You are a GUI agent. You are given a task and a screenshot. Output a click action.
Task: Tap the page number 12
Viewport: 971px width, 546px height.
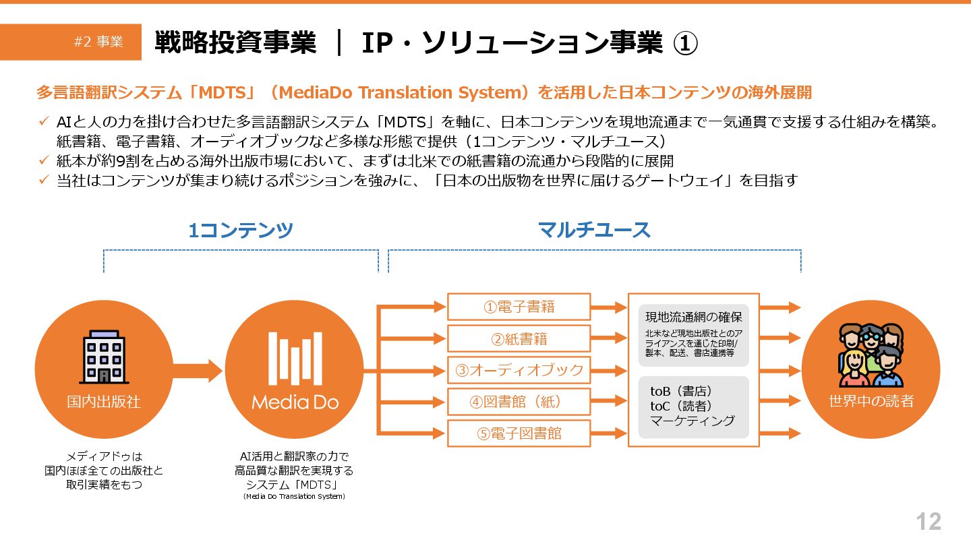click(928, 521)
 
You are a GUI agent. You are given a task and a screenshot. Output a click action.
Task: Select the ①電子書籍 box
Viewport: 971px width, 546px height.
click(519, 307)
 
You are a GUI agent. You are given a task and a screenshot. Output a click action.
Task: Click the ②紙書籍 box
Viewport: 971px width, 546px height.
click(519, 338)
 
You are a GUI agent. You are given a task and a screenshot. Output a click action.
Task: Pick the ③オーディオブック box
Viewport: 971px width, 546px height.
click(519, 370)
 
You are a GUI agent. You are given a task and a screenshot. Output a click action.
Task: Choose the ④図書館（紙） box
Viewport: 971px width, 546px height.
click(519, 402)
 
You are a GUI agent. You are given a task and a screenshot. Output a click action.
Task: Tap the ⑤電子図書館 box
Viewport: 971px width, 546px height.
click(519, 433)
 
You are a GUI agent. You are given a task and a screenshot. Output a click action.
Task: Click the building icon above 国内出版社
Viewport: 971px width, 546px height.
click(104, 357)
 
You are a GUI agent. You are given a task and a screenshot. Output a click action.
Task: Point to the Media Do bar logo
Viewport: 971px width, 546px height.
click(295, 357)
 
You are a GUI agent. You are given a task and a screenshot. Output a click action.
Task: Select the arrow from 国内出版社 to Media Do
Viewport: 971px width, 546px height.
click(197, 370)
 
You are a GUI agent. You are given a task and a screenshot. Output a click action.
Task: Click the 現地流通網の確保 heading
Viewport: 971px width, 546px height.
click(693, 317)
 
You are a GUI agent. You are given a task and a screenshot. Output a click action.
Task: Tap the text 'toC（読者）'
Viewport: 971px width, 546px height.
click(681, 406)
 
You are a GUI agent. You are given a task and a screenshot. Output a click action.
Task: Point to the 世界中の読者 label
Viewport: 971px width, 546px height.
click(871, 402)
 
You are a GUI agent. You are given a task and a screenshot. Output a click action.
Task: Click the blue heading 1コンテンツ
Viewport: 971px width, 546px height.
click(241, 231)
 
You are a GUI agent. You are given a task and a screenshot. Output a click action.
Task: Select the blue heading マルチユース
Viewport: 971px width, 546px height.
click(594, 231)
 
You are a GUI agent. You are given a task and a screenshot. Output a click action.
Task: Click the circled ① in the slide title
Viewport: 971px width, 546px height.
click(685, 43)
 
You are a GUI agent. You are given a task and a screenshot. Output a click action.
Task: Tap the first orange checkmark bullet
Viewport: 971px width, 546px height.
click(43, 121)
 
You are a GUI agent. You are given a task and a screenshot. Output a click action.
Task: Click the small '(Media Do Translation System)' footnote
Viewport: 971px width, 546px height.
click(294, 497)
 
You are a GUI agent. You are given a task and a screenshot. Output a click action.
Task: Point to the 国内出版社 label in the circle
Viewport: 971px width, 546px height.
click(104, 402)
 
